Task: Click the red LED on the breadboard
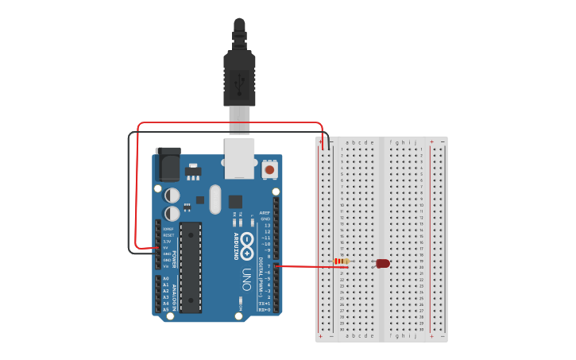coord(383,263)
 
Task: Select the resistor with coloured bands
coord(341,261)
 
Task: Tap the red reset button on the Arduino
coord(269,169)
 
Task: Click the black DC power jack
coord(168,165)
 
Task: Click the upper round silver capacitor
coord(172,195)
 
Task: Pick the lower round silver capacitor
coord(172,214)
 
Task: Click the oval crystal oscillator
coord(215,199)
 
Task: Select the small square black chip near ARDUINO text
coord(235,202)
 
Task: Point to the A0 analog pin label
coord(165,278)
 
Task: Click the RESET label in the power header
coord(168,235)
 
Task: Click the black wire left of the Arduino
coord(130,199)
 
